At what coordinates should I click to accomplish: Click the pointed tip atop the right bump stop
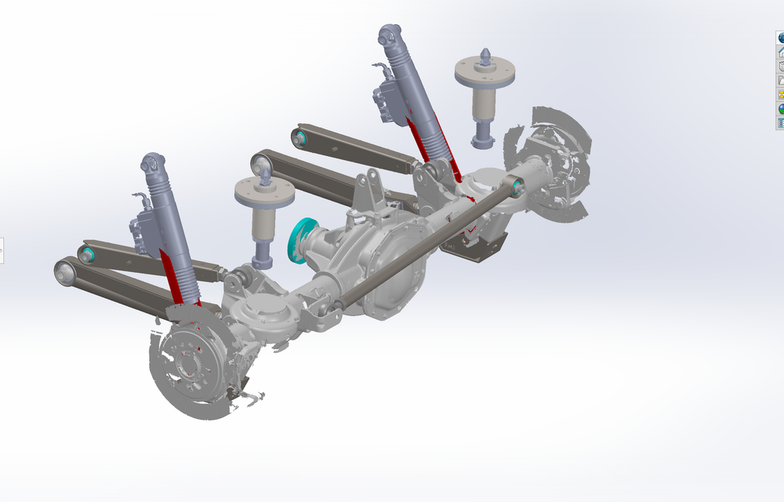485,55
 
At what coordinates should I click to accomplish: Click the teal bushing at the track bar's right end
517,186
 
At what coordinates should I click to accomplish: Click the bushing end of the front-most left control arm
64,271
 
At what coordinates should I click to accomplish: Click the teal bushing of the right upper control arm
299,138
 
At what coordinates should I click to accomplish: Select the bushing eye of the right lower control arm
261,165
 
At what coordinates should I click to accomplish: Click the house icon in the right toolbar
781,52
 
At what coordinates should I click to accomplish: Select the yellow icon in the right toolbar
781,94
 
